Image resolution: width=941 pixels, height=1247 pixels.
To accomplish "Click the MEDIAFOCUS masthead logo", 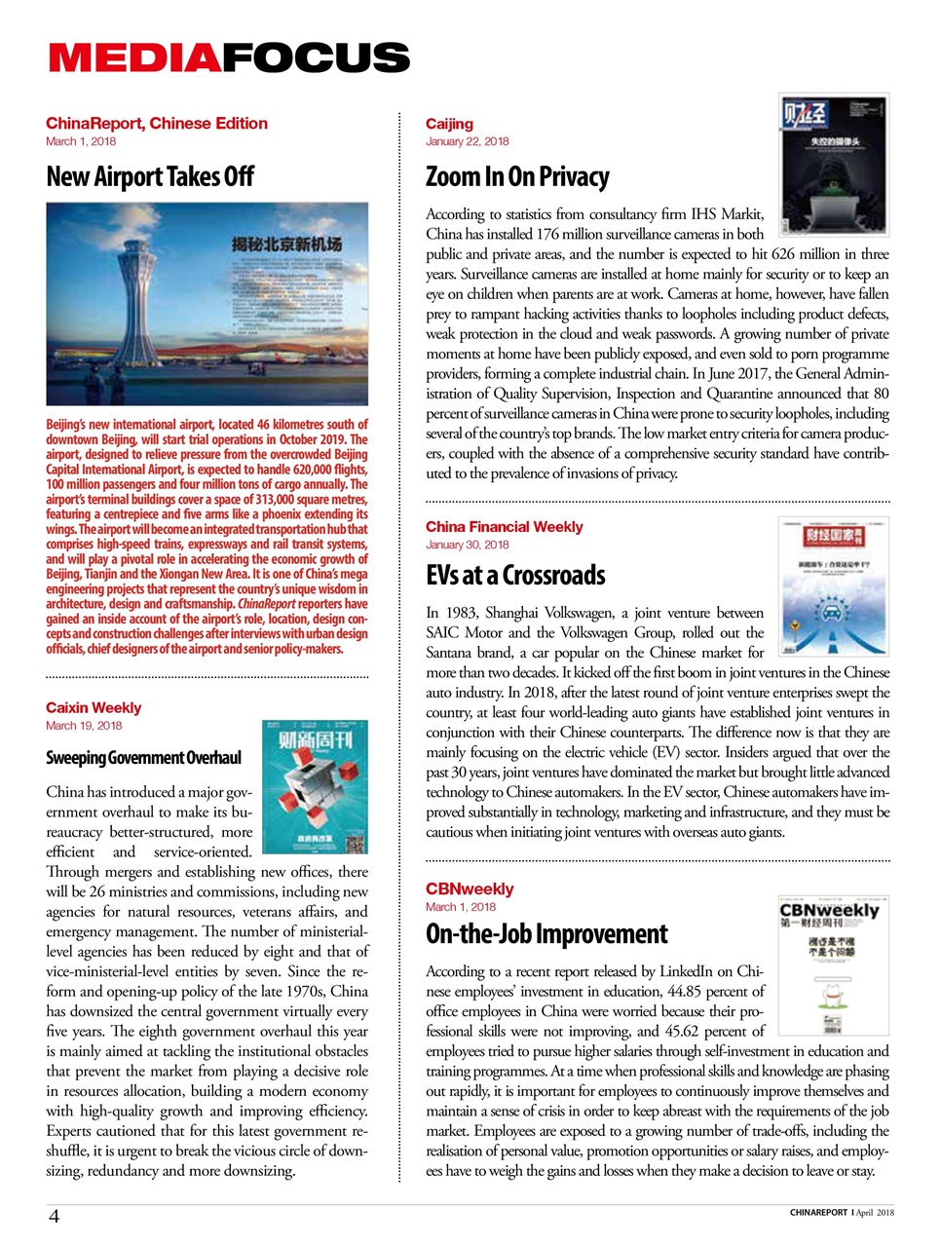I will [229, 57].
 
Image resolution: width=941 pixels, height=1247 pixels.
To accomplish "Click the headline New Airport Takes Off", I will [150, 176].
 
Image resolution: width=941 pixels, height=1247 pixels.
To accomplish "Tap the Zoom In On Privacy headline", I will [517, 176].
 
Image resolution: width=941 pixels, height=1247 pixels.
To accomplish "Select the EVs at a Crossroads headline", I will [515, 575].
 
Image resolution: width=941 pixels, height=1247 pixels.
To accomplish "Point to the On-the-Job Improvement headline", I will [546, 934].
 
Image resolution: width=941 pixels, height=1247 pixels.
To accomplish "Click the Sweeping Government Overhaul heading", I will [143, 758].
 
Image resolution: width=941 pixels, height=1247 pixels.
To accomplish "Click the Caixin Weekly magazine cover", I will [315, 787].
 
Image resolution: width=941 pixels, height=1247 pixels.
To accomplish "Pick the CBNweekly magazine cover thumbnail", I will [834, 965].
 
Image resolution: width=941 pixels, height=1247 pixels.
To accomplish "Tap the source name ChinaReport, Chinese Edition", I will [157, 124].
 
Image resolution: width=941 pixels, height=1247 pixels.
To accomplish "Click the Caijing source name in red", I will [449, 124].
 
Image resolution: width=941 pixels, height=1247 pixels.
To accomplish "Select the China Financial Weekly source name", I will [504, 527].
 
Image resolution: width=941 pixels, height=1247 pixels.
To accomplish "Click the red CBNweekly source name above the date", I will [470, 888].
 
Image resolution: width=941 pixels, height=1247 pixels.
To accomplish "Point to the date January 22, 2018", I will [467, 141].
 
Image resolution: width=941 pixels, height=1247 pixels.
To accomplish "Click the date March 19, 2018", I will [84, 726].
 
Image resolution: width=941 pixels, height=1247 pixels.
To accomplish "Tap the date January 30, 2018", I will [467, 545].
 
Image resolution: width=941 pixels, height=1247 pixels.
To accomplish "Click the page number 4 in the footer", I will [54, 1215].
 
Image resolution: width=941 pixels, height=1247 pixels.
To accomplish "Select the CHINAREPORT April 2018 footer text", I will [842, 1213].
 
